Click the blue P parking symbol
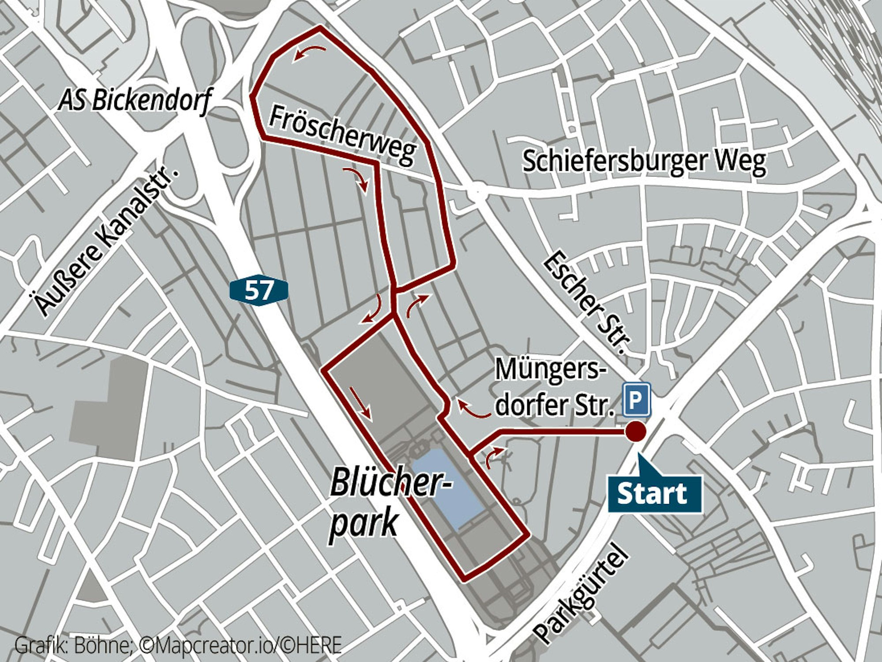point(636,399)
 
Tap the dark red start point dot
point(636,432)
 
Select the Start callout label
point(654,494)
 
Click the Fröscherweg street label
point(342,135)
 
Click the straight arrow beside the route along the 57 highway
point(360,402)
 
